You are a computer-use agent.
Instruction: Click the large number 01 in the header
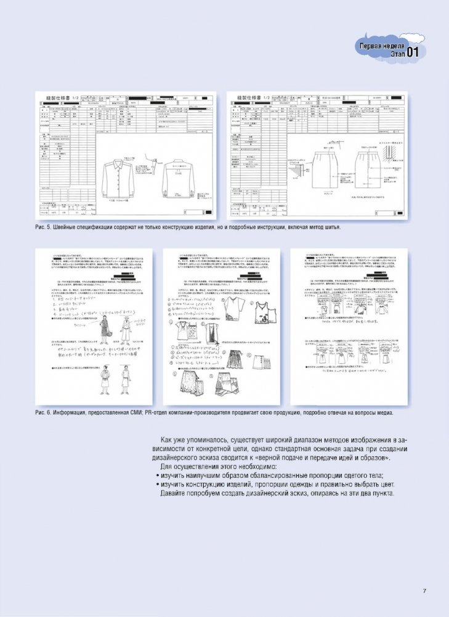[411, 53]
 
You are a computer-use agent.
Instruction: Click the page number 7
[424, 592]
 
